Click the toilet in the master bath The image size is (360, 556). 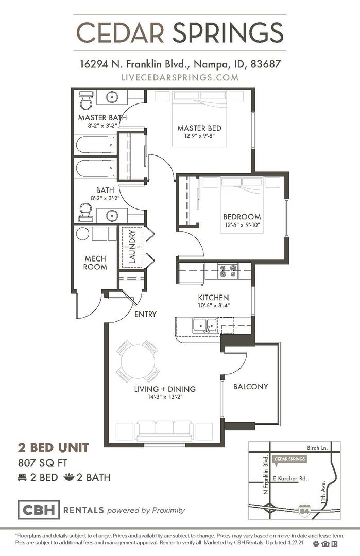click(86, 100)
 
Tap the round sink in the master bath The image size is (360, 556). click(112, 96)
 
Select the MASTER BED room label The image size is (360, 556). click(199, 128)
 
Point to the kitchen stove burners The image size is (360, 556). click(228, 271)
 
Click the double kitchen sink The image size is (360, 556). click(205, 325)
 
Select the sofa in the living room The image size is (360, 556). click(165, 430)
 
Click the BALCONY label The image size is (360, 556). click(250, 386)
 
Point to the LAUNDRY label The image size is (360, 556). click(132, 247)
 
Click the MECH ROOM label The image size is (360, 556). click(95, 263)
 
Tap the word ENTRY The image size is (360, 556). click(145, 314)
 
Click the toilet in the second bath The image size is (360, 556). click(85, 213)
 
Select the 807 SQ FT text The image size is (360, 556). click(43, 463)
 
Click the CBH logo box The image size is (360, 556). click(39, 510)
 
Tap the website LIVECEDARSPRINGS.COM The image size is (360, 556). click(180, 77)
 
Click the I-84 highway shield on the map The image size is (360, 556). click(303, 510)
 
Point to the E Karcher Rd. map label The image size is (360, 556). click(290, 478)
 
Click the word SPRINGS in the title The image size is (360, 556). click(228, 32)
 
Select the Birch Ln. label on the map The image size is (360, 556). click(318, 448)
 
